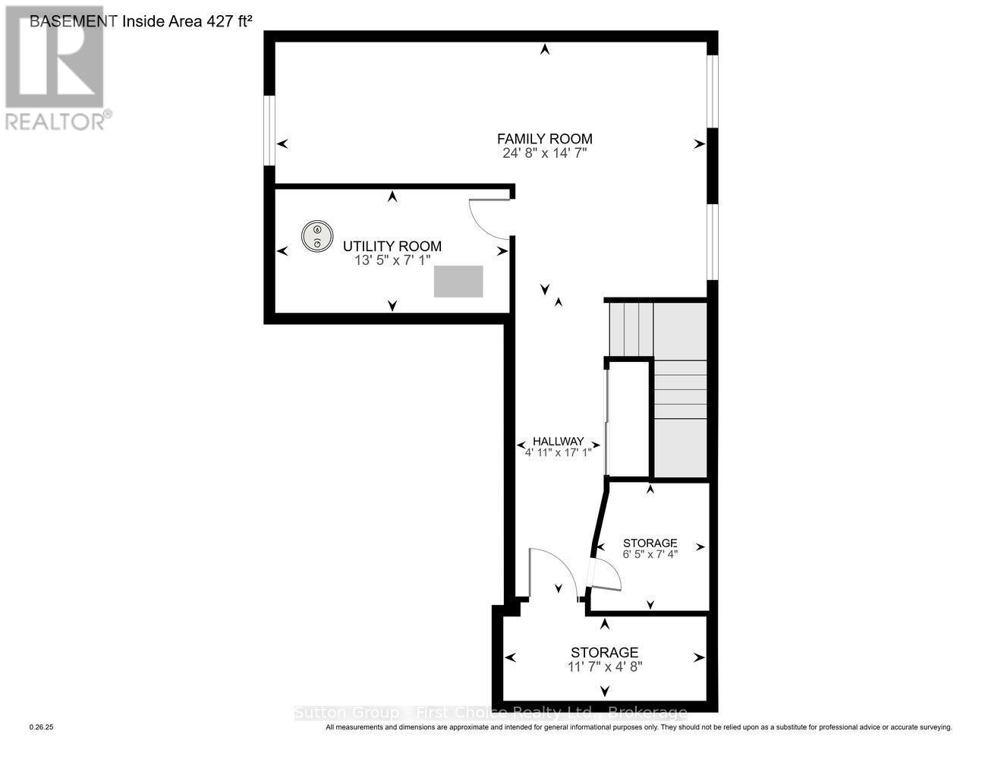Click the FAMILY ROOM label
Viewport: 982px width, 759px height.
tap(544, 139)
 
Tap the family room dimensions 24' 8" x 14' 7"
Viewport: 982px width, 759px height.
tap(544, 153)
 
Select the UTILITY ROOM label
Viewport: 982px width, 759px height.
tap(392, 246)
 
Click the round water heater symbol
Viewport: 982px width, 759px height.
tap(316, 236)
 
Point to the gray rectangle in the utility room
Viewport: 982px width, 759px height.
tap(458, 281)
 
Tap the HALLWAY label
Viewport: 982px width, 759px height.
tap(558, 441)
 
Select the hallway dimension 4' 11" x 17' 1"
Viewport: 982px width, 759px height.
tap(558, 453)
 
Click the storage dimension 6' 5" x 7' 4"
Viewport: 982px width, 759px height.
tap(650, 554)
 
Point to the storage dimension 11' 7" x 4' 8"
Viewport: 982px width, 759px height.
tap(604, 667)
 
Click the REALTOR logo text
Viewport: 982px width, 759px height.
tap(55, 121)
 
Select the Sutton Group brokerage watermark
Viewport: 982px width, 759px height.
tap(490, 713)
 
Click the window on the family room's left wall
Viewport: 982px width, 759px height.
tap(269, 129)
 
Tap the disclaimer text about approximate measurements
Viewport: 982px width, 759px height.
tap(638, 727)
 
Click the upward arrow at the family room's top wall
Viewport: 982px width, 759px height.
tap(544, 50)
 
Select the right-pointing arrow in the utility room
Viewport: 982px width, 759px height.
tap(502, 251)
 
